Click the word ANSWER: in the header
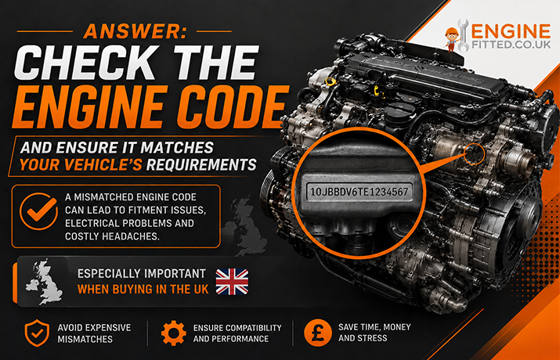pyautogui.click(x=135, y=31)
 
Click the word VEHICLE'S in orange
pyautogui.click(x=81, y=165)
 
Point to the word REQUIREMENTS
pyautogui.click(x=201, y=165)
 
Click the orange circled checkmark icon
pyautogui.click(x=38, y=211)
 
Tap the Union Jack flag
pyautogui.click(x=232, y=282)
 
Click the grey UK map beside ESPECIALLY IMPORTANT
pyautogui.click(x=45, y=282)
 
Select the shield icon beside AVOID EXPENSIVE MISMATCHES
pyautogui.click(x=37, y=333)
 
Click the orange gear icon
pyautogui.click(x=174, y=333)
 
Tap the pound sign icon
pyautogui.click(x=317, y=333)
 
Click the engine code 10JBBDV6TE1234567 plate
pyautogui.click(x=359, y=192)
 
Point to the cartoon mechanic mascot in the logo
pyautogui.click(x=452, y=39)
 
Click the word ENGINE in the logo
pyautogui.click(x=511, y=31)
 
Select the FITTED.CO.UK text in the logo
pyautogui.click(x=511, y=45)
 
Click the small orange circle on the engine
pyautogui.click(x=474, y=154)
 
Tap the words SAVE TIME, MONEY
pyautogui.click(x=374, y=327)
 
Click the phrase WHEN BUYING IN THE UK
pyautogui.click(x=143, y=290)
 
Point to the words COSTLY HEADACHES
pyautogui.click(x=112, y=236)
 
